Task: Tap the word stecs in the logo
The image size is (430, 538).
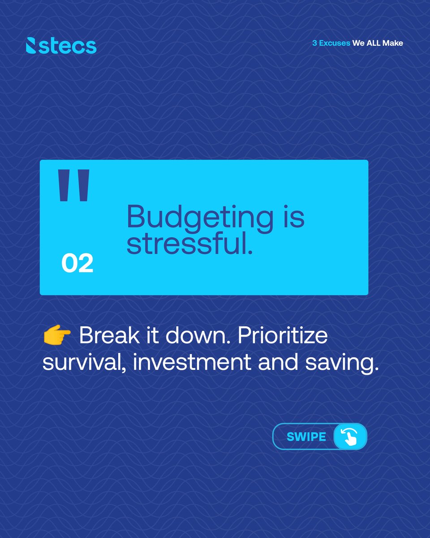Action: coord(67,46)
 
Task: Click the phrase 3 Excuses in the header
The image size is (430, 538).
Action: coord(331,43)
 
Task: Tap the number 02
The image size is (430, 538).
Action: coord(77,264)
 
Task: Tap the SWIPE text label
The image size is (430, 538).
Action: coord(306,436)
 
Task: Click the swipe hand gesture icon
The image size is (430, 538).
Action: coord(350,436)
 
